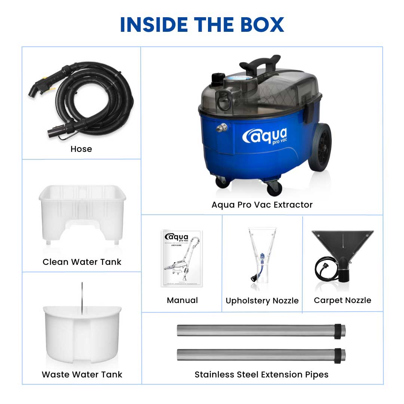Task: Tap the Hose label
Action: (x=81, y=149)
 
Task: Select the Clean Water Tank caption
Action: (x=82, y=262)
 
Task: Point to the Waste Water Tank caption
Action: (x=82, y=374)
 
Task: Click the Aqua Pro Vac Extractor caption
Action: (x=262, y=205)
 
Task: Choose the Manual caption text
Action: (x=182, y=300)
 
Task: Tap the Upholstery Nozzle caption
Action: (x=262, y=301)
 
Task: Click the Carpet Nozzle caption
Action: (x=342, y=300)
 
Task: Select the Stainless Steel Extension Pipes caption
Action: (x=261, y=374)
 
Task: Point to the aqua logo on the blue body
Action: (x=265, y=136)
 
